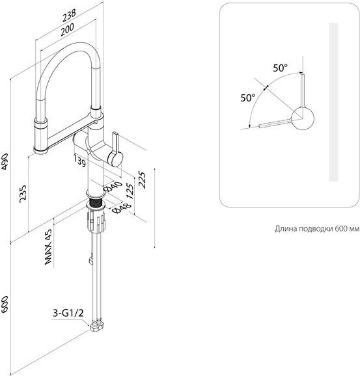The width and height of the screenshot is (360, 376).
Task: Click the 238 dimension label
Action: pyautogui.click(x=69, y=16)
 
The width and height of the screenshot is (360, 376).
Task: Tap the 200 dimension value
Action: pyautogui.click(x=67, y=29)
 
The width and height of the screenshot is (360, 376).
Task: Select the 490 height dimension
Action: pyautogui.click(x=5, y=162)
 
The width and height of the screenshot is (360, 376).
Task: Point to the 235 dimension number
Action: pyautogui.click(x=23, y=193)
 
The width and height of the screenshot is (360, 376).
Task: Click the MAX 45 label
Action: pyautogui.click(x=48, y=247)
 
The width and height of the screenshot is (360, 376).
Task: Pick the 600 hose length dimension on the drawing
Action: pyautogui.click(x=5, y=304)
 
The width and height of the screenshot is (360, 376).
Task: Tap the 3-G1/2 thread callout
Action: pyautogui.click(x=68, y=313)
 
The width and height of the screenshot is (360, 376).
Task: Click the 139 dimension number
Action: pyautogui.click(x=79, y=161)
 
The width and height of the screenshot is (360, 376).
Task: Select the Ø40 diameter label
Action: pyautogui.click(x=113, y=187)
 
